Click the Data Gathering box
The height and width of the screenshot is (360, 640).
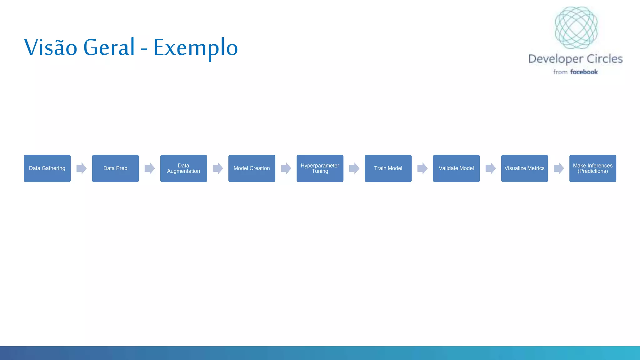[x=47, y=168]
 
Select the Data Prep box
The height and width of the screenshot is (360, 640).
[x=115, y=168]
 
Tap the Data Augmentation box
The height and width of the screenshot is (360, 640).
[x=183, y=168]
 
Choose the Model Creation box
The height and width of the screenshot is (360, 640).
[x=252, y=168]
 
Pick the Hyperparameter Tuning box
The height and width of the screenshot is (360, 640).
[x=320, y=168]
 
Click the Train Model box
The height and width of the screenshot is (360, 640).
[x=388, y=168]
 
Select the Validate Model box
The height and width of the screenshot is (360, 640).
[x=456, y=168]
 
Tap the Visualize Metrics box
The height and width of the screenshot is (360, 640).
[x=524, y=168]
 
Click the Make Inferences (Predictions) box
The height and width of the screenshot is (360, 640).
[x=592, y=168]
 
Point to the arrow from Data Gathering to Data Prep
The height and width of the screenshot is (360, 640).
[x=81, y=168]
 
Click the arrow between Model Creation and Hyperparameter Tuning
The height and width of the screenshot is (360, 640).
[x=286, y=168]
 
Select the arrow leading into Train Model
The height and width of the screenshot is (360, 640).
[x=354, y=168]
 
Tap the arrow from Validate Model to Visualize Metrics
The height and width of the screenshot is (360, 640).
[x=490, y=168]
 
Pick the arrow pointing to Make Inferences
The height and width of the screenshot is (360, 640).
[x=558, y=168]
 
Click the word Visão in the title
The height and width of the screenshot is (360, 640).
[x=51, y=47]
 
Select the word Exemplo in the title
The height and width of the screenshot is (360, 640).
[x=196, y=47]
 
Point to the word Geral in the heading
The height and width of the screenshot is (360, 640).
[x=109, y=47]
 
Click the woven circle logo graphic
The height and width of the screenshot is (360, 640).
[x=576, y=27]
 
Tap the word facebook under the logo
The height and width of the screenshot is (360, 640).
[x=584, y=72]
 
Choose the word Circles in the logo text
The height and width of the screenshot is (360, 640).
[x=604, y=59]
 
